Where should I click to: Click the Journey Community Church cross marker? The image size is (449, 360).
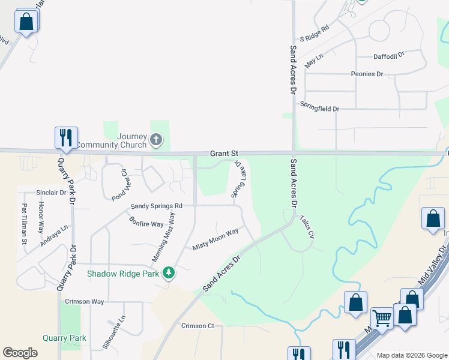[156, 140]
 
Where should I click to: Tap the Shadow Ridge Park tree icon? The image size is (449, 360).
[169, 273]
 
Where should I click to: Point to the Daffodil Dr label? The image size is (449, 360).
[389, 55]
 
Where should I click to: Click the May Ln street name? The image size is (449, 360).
[314, 61]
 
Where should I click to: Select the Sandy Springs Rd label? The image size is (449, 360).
[156, 206]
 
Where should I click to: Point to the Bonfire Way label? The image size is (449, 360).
[146, 220]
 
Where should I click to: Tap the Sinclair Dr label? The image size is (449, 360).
[50, 193]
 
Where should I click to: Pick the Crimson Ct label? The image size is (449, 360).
[197, 326]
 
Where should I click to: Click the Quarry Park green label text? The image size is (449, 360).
[64, 338]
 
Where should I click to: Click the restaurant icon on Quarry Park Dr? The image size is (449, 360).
[65, 137]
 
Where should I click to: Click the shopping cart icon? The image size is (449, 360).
[382, 318]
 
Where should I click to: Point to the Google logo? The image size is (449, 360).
[20, 353]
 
